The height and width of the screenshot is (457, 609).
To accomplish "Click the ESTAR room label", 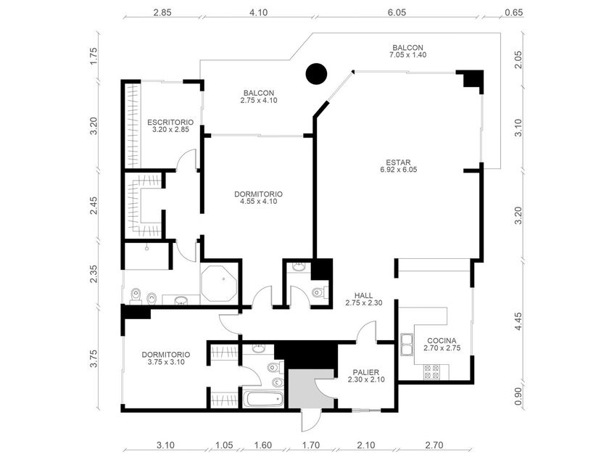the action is click(x=399, y=162).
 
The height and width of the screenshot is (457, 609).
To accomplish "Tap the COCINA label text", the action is click(x=442, y=341).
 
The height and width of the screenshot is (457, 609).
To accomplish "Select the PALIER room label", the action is click(x=366, y=372).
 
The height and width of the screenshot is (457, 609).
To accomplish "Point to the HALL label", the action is click(x=363, y=295).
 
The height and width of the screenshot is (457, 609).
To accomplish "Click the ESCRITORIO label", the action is click(x=170, y=123).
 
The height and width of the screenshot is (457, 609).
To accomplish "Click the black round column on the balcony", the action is click(x=316, y=73).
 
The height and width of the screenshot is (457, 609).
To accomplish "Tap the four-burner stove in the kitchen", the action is click(x=431, y=371).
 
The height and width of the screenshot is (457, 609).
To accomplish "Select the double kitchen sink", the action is click(x=406, y=345).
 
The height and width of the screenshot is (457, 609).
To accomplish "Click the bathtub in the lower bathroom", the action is click(x=263, y=399).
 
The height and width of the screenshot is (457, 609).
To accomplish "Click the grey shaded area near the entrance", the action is click(x=311, y=389).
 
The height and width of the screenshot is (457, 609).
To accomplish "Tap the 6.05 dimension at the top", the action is click(x=397, y=12).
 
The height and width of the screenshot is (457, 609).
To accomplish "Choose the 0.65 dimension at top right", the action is click(x=514, y=12).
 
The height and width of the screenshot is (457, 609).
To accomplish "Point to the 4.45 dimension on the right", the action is click(x=518, y=322).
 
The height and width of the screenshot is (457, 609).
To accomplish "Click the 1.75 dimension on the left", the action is click(x=94, y=56).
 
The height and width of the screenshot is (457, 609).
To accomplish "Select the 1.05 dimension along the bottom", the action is click(x=224, y=445).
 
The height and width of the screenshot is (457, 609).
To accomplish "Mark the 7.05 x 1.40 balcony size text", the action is click(x=407, y=55).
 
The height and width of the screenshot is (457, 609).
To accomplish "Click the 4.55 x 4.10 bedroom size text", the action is click(x=258, y=202).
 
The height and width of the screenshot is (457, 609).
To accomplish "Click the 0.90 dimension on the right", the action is click(x=518, y=396).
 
